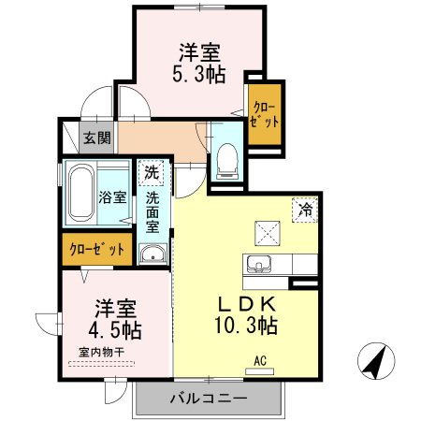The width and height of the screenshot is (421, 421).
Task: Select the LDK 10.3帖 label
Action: pos(246,315)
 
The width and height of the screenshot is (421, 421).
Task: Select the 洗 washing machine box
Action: pos(152,172)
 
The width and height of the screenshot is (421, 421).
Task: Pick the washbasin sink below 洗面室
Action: pos(152,254)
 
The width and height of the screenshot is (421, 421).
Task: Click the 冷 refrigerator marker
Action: pos(305,209)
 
